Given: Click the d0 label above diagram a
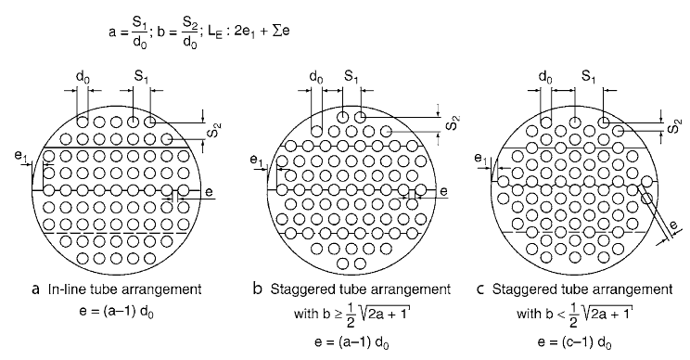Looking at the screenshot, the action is coord(83,78).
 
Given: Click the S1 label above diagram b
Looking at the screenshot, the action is coord(351,77).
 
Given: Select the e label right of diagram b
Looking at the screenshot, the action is coord(443,191).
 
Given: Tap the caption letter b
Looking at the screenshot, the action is coord(258,289).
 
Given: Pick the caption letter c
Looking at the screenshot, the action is coord(480,289).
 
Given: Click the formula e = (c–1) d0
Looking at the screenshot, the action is coord(574,342).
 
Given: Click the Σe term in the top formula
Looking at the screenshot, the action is coord(281,32).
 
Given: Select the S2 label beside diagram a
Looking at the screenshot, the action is coord(216,131).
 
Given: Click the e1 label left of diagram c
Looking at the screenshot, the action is coord(481,159).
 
